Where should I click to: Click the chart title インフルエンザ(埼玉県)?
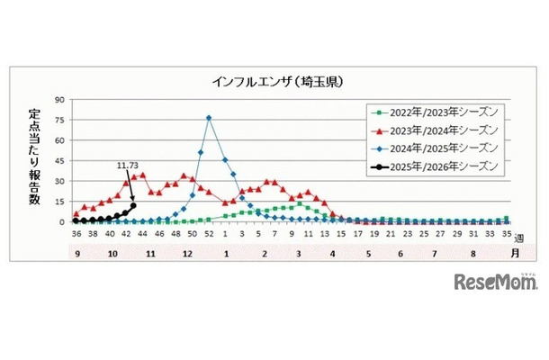coord(274,82)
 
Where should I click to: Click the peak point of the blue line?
coord(209,118)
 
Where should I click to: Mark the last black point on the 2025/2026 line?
coord(134,205)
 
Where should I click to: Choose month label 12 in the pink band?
coord(185,254)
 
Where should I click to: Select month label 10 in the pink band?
coord(112,254)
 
